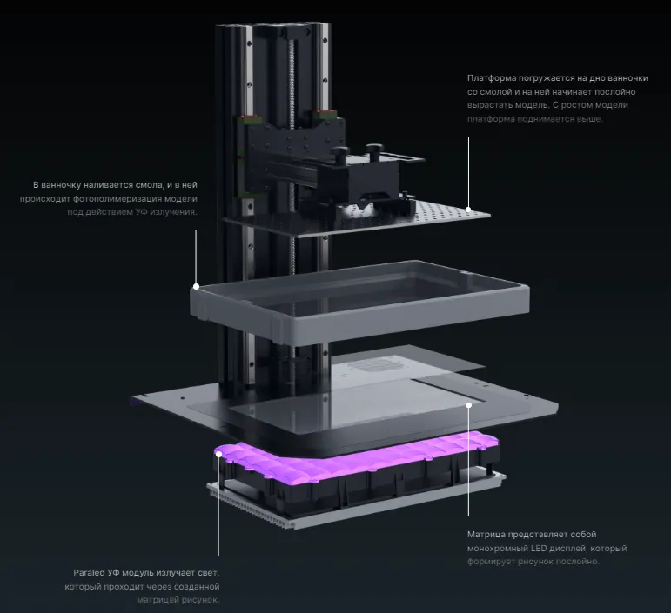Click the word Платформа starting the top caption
click(489, 78)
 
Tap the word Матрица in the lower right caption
click(488, 535)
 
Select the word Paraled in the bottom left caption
click(91, 573)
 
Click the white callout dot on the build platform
click(468, 210)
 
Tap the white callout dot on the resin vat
click(196, 285)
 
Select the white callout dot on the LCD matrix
click(468, 403)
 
